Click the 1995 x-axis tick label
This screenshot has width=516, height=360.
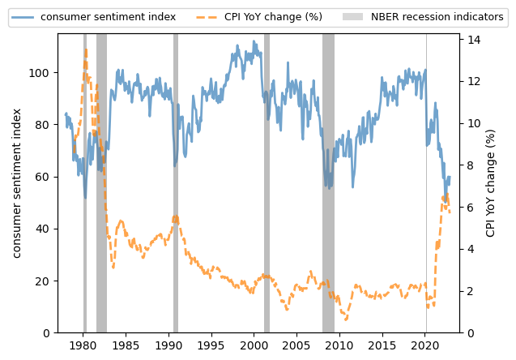point(211,345)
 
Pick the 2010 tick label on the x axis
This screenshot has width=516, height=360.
point(340,345)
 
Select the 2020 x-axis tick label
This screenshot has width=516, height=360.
point(426,345)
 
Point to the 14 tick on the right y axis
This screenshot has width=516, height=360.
point(471,40)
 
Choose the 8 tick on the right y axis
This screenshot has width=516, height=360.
point(468,165)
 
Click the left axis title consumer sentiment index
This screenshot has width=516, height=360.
point(17,182)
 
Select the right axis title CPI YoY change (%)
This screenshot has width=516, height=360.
point(491,182)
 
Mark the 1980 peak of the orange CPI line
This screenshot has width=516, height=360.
point(86,49)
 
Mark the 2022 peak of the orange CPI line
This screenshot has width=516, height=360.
point(444,196)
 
